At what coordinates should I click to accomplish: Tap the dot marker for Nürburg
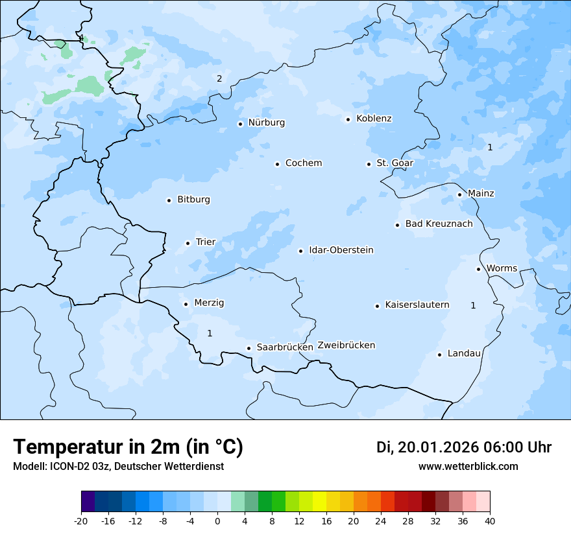[x=240, y=124]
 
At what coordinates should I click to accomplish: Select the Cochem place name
[x=303, y=163]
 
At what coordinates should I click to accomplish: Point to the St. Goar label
[x=395, y=163]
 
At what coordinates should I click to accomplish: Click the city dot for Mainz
[x=459, y=194]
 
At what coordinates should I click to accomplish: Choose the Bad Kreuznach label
[x=439, y=224]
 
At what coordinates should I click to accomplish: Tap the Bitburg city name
[x=193, y=200]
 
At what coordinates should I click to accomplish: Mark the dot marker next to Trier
[x=188, y=243]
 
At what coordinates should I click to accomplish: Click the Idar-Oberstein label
[x=341, y=250]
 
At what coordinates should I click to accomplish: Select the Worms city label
[x=502, y=268]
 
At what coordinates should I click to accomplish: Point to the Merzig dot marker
[x=186, y=304]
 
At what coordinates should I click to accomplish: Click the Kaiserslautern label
[x=417, y=305]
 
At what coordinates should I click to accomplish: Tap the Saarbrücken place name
[x=284, y=347]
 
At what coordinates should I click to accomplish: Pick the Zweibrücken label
[x=346, y=345]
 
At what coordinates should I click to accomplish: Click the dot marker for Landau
[x=439, y=355]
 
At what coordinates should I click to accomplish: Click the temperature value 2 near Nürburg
[x=219, y=79]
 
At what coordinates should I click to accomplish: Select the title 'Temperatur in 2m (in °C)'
[x=128, y=447]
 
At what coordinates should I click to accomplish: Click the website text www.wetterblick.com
[x=468, y=467]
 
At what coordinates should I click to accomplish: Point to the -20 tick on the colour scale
[x=81, y=520]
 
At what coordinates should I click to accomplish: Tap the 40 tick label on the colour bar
[x=490, y=520]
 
